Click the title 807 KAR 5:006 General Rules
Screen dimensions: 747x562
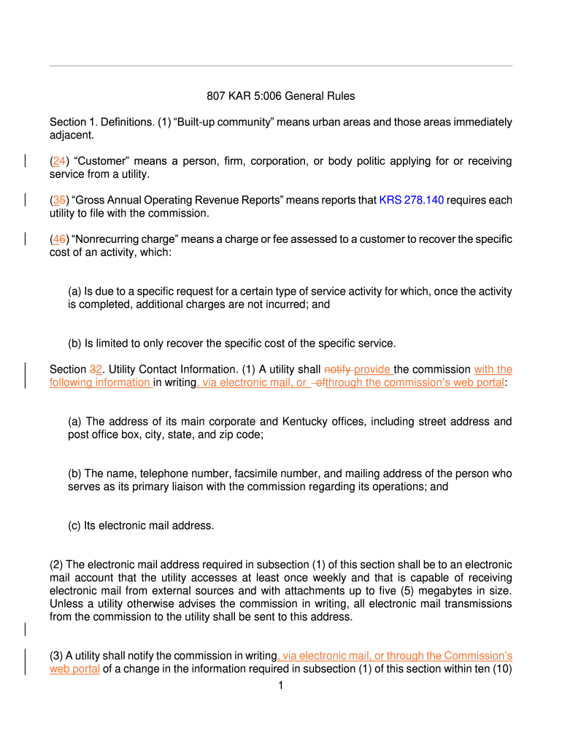(280, 96)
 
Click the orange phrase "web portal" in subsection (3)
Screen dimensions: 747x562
(74, 669)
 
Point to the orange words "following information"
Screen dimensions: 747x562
(99, 382)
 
